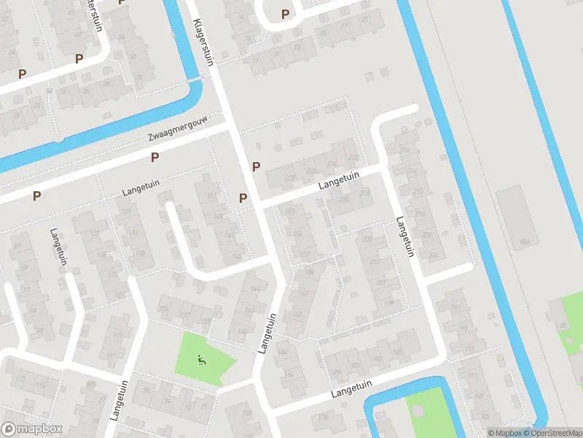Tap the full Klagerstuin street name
(203, 43)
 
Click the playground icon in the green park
(201, 358)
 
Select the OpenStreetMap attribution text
(552, 433)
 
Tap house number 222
(353, 158)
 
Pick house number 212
(418, 193)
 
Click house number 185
(397, 353)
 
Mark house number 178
(323, 417)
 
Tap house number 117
(112, 356)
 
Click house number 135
(164, 310)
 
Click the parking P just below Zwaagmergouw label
(154, 157)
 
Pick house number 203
(375, 261)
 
